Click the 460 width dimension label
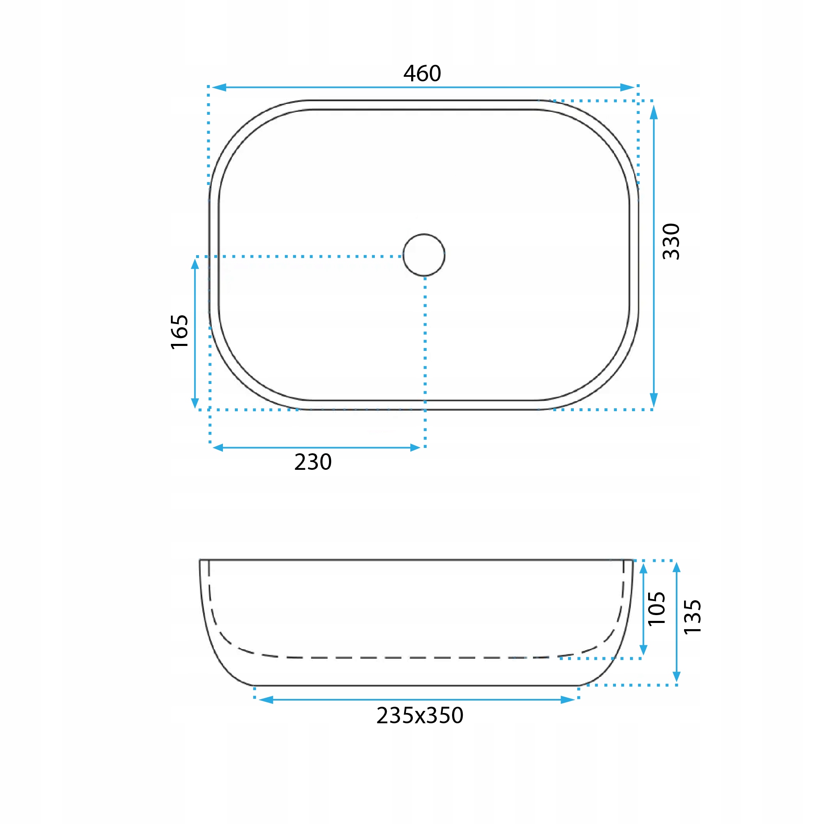pos(422,73)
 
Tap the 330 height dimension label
pos(671,242)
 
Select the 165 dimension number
pos(179,332)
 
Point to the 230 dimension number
pos(313,462)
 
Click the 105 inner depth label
pos(656,609)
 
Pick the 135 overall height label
pos(692,617)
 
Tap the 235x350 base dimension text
pos(420,715)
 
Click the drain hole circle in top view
pos(424,234)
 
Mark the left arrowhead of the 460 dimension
pos(219,88)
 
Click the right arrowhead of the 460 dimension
pos(627,88)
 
